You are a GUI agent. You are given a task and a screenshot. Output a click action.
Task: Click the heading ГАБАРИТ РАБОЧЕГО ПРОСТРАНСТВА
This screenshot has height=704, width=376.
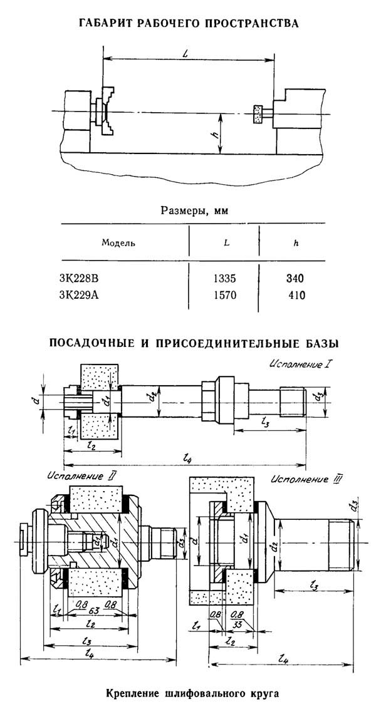[x=188, y=23]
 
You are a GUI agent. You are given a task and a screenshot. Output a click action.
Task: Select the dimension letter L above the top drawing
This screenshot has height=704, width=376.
[x=187, y=54]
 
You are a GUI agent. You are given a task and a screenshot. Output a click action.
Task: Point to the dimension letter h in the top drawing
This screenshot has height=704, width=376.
[x=213, y=134]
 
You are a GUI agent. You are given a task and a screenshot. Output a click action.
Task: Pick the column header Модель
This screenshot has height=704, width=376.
[x=118, y=242]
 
